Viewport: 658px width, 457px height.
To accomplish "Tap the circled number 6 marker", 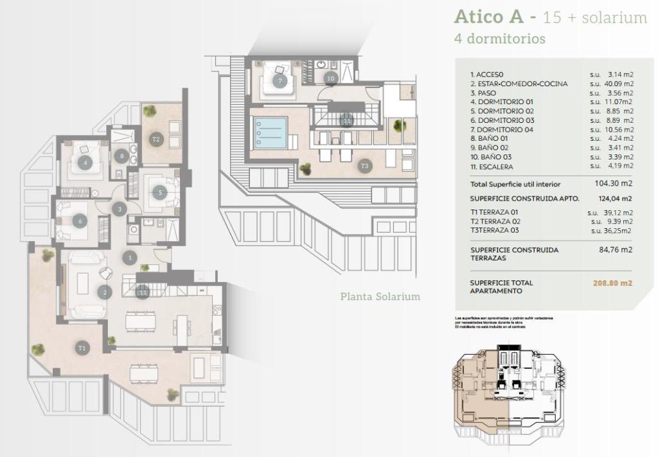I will [x=80, y=221].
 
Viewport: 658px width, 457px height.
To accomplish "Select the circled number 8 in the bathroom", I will [x=121, y=156].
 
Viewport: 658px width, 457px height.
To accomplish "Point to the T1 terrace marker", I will [x=82, y=348].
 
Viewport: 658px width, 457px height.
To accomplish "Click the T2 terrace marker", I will [x=156, y=139].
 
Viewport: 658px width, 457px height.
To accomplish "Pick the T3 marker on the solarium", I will [x=365, y=166].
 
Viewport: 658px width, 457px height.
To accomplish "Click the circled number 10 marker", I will [x=330, y=78].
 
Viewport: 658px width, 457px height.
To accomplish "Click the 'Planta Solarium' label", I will [x=380, y=296].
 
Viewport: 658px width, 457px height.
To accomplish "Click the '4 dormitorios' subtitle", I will [x=499, y=39].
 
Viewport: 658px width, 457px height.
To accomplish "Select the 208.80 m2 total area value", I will [x=612, y=283].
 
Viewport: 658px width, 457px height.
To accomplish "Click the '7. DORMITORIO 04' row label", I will [x=502, y=129].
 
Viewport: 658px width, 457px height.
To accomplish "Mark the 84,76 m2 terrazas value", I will [x=615, y=249].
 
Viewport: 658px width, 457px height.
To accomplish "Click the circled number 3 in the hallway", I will [x=120, y=208].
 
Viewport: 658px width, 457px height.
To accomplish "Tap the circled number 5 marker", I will [x=159, y=192].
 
